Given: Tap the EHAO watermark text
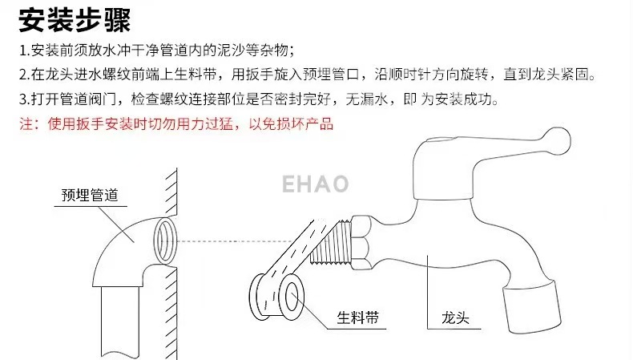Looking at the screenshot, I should (315, 184).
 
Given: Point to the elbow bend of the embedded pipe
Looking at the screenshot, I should (120, 248).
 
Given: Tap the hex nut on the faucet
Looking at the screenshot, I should (358, 232).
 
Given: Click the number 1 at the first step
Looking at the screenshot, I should (23, 51).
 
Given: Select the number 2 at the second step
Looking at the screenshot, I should (24, 75).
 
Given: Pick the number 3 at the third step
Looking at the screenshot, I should (24, 100).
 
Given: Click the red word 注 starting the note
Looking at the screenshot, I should (26, 124).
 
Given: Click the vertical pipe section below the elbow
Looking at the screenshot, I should (117, 321).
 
